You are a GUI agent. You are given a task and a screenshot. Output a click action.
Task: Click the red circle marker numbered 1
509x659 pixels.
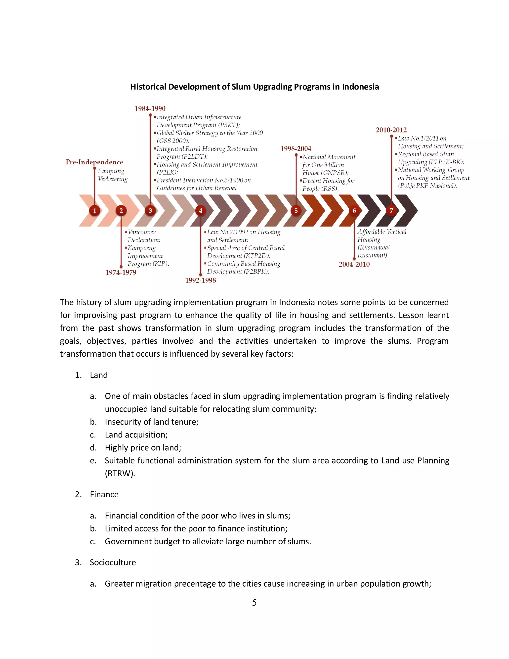[x=94, y=211]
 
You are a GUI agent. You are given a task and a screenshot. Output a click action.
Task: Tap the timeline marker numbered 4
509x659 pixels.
[x=201, y=211]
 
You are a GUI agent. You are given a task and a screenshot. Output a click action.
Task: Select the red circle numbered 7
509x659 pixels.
[x=391, y=211]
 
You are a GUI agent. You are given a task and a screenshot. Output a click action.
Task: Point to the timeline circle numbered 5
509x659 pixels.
[x=296, y=211]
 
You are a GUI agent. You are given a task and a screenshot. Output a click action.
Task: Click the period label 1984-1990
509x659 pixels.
[x=150, y=109]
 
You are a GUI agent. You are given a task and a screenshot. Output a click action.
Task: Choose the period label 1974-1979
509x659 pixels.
[x=121, y=273]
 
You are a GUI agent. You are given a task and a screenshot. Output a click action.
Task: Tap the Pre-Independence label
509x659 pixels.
[x=94, y=162]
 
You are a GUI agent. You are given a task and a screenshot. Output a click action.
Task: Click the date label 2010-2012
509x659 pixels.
[x=391, y=130]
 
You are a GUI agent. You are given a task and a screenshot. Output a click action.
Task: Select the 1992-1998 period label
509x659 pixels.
[x=201, y=280]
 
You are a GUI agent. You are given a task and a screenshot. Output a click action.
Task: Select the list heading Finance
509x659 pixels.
[x=104, y=495]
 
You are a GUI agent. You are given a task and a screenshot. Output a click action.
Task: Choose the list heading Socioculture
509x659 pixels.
[x=113, y=563]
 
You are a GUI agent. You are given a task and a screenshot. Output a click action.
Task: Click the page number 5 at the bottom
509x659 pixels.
[x=254, y=603]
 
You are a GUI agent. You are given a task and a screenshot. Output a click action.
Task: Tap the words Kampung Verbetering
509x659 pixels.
[x=113, y=175]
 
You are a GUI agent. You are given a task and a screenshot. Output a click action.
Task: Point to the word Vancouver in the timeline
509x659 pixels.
[x=141, y=232]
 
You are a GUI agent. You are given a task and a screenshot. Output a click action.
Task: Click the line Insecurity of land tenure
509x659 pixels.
[x=151, y=422]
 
